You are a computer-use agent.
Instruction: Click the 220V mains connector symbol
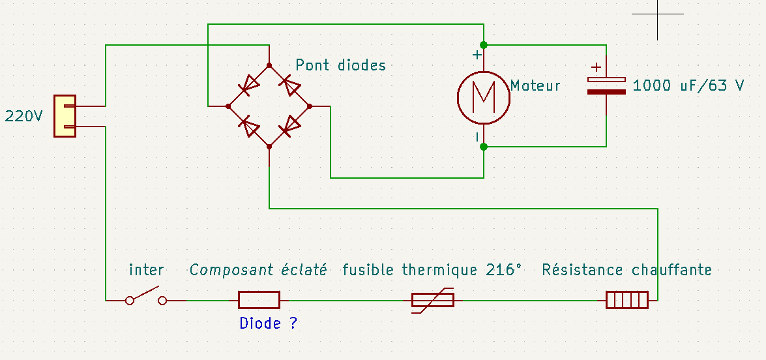(65, 116)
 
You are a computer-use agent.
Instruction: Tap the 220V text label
(24, 117)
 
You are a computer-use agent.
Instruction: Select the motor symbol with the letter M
(483, 97)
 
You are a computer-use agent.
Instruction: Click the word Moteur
(535, 85)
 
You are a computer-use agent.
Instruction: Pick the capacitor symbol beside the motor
(606, 85)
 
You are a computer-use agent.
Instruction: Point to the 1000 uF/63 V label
(688, 85)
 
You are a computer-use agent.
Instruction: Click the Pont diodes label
(340, 65)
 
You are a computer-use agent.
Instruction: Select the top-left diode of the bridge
(249, 85)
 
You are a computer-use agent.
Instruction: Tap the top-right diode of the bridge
(289, 85)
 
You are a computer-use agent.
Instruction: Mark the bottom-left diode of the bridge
(249, 126)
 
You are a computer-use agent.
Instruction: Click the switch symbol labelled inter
(146, 297)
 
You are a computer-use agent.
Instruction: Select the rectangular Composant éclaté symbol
(259, 300)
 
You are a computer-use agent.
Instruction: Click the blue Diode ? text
(268, 323)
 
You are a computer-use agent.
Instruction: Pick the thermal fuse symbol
(432, 300)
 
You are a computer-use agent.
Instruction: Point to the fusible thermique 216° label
(432, 270)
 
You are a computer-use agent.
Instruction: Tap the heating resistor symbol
(626, 300)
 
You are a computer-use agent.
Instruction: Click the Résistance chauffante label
(626, 270)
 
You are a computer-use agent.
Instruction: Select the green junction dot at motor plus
(484, 45)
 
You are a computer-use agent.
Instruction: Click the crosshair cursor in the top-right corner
(658, 14)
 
